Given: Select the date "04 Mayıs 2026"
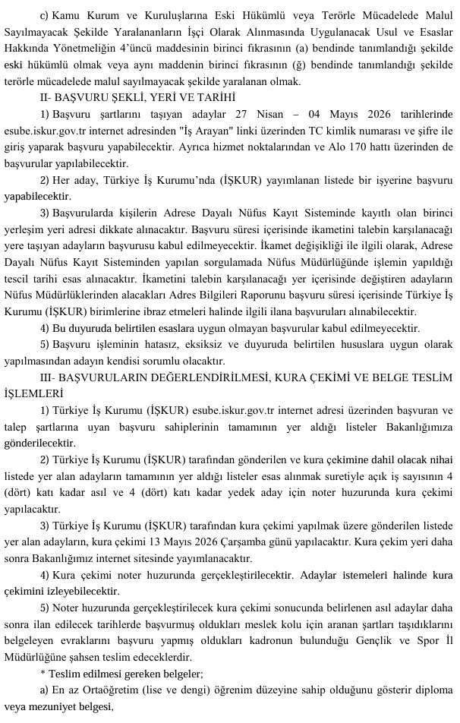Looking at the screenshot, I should point(344,113).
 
